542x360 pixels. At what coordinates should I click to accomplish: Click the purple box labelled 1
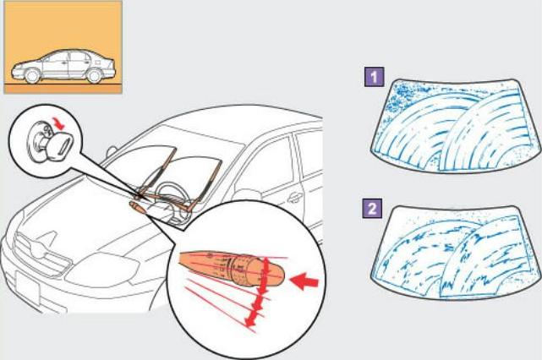pyautogui.click(x=375, y=77)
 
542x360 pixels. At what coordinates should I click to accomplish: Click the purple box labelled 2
pyautogui.click(x=372, y=209)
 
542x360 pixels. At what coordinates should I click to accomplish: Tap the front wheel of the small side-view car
pyautogui.click(x=32, y=76)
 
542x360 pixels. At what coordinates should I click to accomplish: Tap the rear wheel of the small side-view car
pyautogui.click(x=94, y=76)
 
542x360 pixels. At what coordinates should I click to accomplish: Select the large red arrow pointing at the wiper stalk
pyautogui.click(x=304, y=281)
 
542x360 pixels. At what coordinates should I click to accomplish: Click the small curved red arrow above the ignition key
pyautogui.click(x=59, y=123)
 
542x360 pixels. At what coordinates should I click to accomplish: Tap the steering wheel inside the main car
pyautogui.click(x=170, y=194)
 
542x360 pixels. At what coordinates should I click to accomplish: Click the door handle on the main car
pyautogui.click(x=295, y=198)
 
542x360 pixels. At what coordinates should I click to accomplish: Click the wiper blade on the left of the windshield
pyautogui.click(x=157, y=170)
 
